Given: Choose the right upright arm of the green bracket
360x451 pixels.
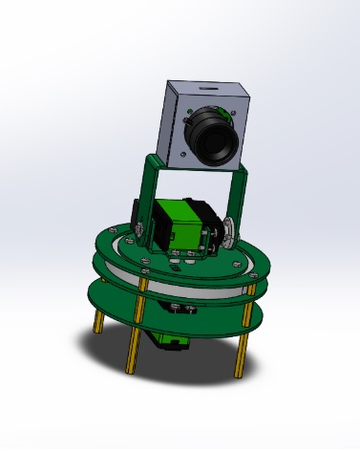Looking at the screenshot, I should pyautogui.click(x=239, y=196).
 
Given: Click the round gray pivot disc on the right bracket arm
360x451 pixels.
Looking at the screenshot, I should pyautogui.click(x=232, y=232).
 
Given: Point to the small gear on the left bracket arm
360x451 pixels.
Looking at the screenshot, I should pyautogui.click(x=139, y=229).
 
